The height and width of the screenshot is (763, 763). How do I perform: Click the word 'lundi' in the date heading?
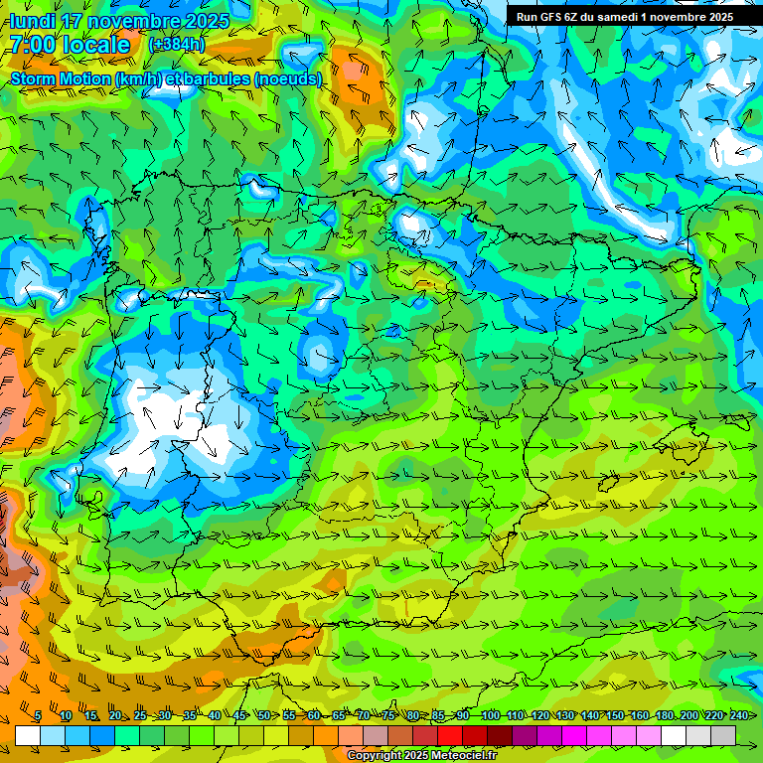pos(32,21)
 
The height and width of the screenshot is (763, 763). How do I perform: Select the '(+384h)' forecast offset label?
pos(176,45)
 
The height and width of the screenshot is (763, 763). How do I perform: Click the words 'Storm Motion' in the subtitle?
pos(60,78)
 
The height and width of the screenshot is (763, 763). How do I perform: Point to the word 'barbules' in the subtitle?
pos(218,78)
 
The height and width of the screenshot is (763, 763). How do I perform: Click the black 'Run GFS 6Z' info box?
pos(624,16)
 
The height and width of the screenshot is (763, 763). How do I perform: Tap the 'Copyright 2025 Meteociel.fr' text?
pos(421,756)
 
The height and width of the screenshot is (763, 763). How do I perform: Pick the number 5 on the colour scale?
pos(38,716)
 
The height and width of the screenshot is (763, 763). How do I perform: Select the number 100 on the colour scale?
pos(490,716)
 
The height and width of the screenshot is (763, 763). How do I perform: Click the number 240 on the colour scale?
pos(738,716)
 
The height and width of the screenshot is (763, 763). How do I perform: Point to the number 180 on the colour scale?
pos(664,716)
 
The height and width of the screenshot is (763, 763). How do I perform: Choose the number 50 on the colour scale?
pos(263,716)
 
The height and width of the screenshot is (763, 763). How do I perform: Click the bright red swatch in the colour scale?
pos(450,735)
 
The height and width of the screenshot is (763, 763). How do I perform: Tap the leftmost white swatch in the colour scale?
pos(28,735)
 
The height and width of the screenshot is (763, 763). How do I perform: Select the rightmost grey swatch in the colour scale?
pos(723,735)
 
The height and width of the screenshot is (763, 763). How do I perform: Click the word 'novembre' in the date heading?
pos(134,21)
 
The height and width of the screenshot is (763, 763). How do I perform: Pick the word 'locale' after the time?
pos(95,45)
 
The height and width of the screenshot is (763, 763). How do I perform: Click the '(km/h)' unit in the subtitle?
pos(137,78)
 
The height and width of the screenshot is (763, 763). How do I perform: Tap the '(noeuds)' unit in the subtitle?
pos(288,78)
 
